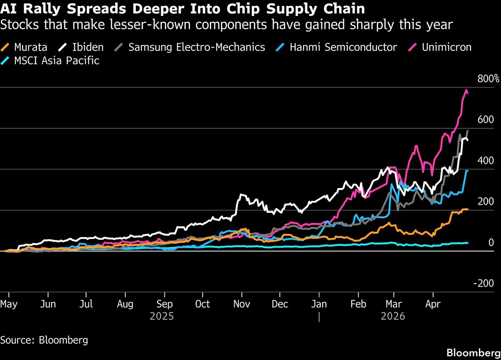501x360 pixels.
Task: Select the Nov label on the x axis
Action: (242, 304)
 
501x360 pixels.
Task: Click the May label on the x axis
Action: (9, 304)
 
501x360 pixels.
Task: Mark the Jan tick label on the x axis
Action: (319, 304)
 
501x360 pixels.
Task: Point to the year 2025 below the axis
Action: (162, 317)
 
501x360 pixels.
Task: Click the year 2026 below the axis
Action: (393, 317)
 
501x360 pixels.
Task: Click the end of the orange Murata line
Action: (467, 209)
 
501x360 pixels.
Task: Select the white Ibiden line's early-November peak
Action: (241, 195)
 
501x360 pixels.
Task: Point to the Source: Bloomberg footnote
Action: (44, 340)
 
